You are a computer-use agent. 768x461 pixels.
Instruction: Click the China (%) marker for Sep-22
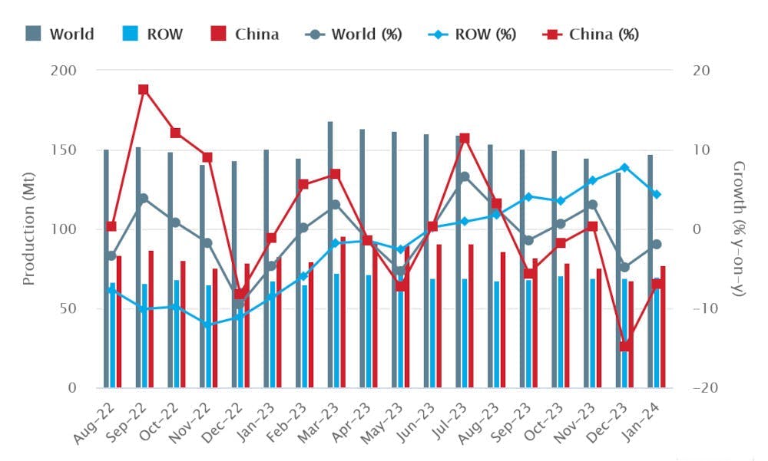[x=143, y=90]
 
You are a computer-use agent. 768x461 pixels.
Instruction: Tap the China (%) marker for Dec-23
[x=625, y=346]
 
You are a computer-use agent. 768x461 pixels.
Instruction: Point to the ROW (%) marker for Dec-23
[x=624, y=167]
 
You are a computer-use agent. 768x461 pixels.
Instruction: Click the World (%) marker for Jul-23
[x=464, y=176]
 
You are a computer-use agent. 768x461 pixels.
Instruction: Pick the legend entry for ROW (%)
[x=475, y=35]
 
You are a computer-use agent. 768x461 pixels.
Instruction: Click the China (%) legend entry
[x=591, y=35]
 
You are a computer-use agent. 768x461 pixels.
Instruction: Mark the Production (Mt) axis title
[x=29, y=229]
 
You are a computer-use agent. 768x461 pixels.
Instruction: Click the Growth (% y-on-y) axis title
[x=739, y=229]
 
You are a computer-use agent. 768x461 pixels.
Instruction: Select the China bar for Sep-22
[x=151, y=318]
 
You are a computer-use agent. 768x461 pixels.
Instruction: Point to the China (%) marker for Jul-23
[x=464, y=139]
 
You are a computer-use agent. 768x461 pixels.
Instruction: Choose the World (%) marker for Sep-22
[x=143, y=198]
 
